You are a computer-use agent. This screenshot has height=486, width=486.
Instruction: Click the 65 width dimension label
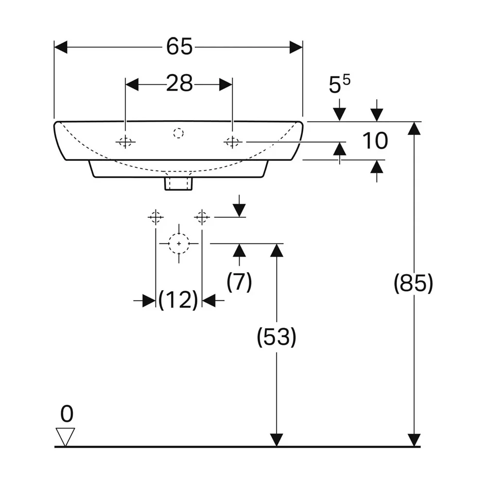(x=179, y=47)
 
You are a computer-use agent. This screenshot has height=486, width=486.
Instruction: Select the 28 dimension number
(x=179, y=84)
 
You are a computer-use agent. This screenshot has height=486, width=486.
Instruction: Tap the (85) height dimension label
(x=413, y=283)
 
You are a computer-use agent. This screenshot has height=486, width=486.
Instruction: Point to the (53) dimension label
(x=277, y=337)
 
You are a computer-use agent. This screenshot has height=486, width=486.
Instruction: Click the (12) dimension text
(x=178, y=300)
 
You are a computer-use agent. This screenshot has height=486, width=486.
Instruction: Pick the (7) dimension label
(x=239, y=282)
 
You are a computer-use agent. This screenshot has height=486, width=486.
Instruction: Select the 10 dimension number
(x=375, y=141)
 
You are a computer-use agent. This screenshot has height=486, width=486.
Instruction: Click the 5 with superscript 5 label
(x=339, y=84)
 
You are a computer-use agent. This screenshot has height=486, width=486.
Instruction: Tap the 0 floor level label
(x=67, y=414)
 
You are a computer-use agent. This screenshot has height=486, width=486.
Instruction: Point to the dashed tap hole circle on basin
(x=178, y=133)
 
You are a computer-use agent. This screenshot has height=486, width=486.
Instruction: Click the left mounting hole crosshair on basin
(x=125, y=142)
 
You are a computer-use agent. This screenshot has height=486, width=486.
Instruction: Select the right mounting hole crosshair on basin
(x=232, y=142)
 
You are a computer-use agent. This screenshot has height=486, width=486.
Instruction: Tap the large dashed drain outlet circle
(x=179, y=243)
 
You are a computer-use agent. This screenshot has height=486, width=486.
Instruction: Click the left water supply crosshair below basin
(x=156, y=217)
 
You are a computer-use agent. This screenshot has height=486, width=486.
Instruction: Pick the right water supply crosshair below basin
(x=202, y=217)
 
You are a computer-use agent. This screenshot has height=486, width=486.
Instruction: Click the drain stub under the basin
(x=178, y=184)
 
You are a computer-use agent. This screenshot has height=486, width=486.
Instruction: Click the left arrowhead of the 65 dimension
(x=61, y=47)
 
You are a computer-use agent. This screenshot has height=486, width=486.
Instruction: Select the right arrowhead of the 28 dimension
(x=226, y=84)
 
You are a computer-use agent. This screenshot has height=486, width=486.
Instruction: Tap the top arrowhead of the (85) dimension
(x=414, y=128)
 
